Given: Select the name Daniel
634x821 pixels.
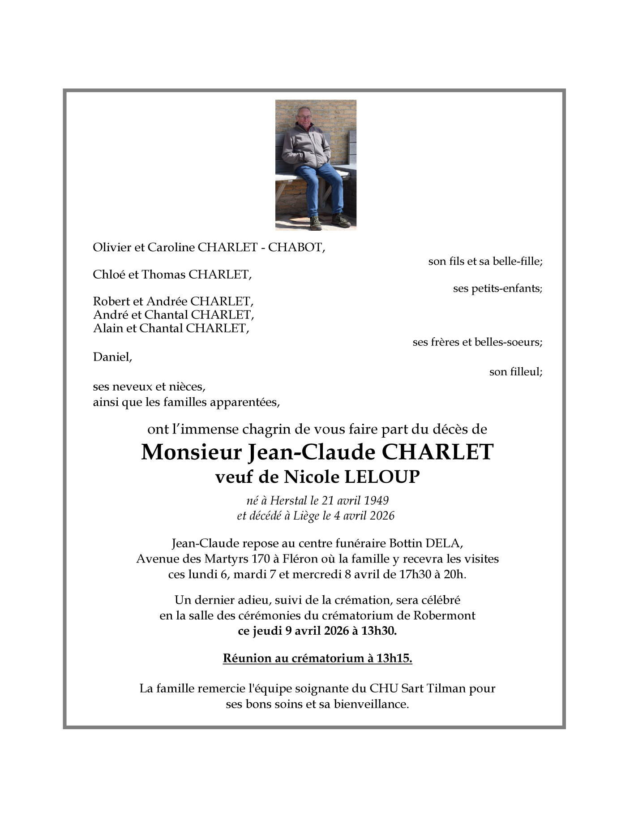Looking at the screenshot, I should [x=112, y=357].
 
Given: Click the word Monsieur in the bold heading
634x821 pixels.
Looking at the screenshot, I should [x=191, y=452].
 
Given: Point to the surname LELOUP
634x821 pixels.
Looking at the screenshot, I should [x=381, y=477].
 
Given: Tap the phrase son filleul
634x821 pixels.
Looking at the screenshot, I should [x=515, y=372].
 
